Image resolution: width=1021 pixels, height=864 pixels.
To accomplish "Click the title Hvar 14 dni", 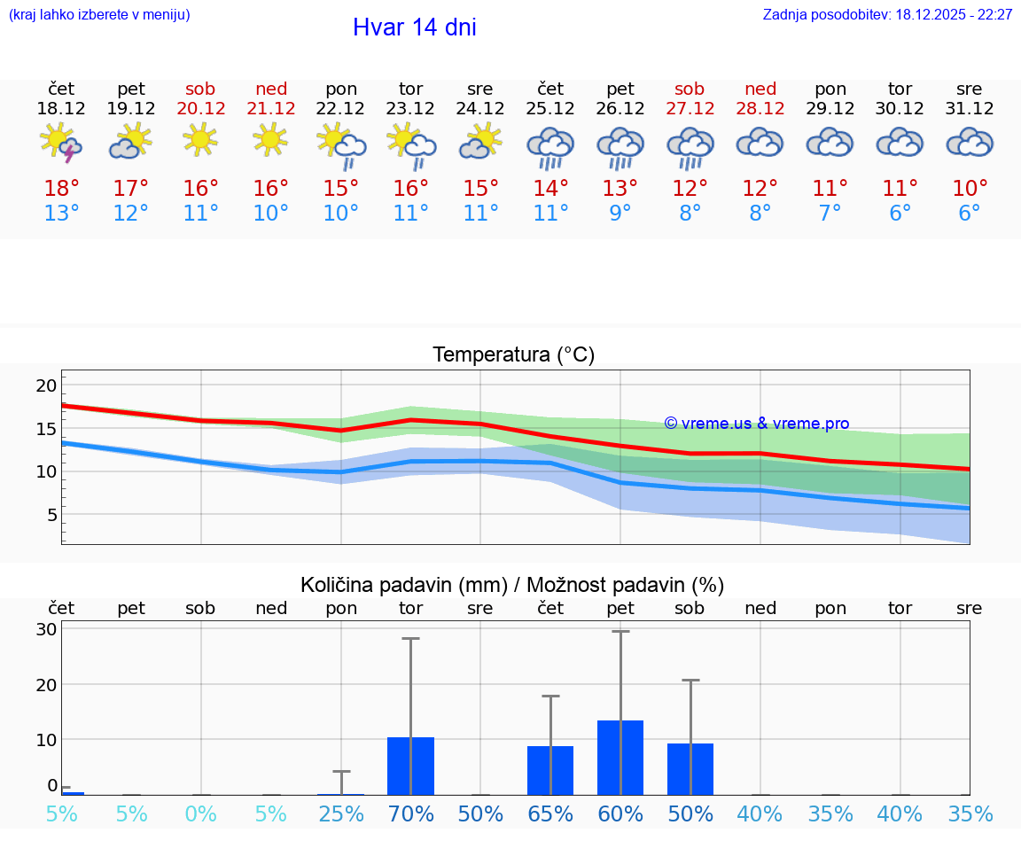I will [x=414, y=27].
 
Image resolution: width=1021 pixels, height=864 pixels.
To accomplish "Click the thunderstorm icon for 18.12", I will [x=61, y=143].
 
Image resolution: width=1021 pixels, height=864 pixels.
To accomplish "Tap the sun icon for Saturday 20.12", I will [x=200, y=138].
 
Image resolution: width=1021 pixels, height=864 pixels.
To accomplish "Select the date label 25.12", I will [x=550, y=109].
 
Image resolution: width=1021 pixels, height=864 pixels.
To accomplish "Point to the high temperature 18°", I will [x=61, y=189].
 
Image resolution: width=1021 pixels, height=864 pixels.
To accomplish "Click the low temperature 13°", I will [x=61, y=214].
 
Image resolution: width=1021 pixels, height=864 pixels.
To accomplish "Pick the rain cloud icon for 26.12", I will [x=620, y=146].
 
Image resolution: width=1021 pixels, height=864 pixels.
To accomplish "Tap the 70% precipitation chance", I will [x=411, y=814].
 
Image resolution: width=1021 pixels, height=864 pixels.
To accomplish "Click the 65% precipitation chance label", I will [x=550, y=814].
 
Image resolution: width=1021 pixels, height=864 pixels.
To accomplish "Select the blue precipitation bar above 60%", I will [x=620, y=758].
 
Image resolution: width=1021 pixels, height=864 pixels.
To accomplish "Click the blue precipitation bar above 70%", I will [x=411, y=766].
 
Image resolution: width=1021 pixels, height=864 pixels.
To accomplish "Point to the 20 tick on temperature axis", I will [x=46, y=385].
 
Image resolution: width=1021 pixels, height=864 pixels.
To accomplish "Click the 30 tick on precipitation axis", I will [x=46, y=629].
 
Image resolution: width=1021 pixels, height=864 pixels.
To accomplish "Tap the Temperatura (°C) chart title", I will [x=513, y=355].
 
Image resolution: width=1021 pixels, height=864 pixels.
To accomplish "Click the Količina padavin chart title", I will [x=512, y=585].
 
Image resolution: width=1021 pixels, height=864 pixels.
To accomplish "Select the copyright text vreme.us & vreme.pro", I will [x=757, y=424].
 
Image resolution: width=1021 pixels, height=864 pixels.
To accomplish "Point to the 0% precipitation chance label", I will [x=201, y=814].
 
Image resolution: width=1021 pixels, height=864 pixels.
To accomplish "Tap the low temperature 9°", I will [x=620, y=214].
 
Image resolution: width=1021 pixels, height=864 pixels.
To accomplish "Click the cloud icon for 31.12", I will [x=970, y=143].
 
